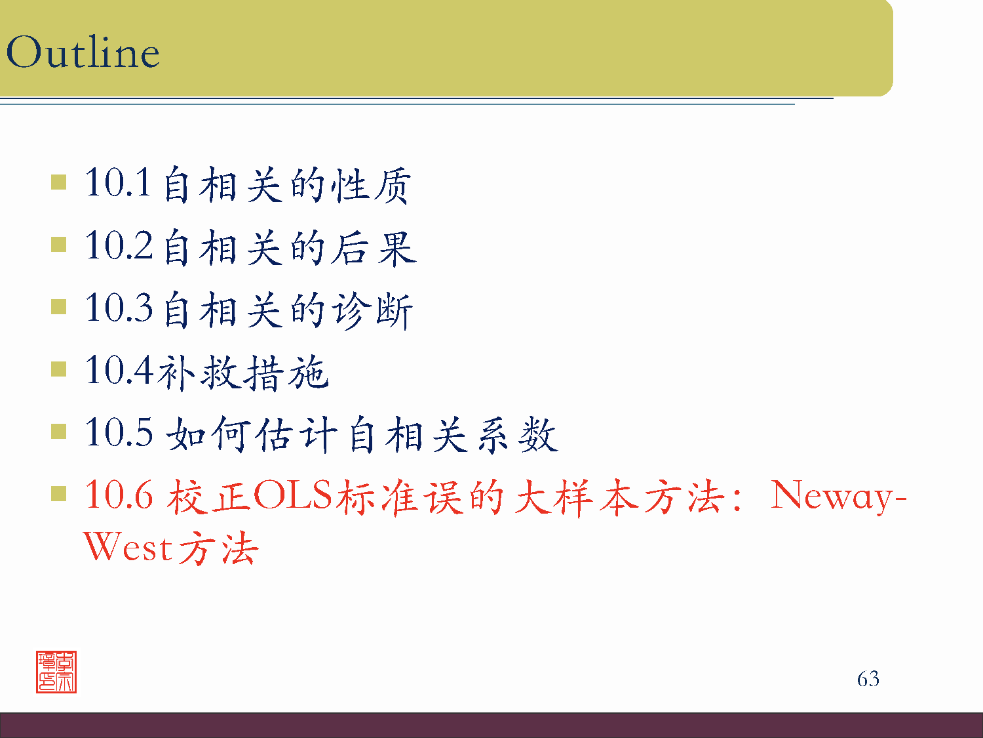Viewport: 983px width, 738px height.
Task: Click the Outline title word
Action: (83, 52)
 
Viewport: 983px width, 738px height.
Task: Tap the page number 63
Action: (868, 678)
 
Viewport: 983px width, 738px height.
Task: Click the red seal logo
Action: (56, 672)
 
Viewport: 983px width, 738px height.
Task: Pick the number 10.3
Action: (119, 308)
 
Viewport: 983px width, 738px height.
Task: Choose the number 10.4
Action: (119, 371)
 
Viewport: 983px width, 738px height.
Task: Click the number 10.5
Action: (119, 433)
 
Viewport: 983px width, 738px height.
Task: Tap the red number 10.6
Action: (119, 495)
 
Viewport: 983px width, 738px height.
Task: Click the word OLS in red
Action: (293, 495)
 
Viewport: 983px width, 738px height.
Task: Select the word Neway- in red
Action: (838, 495)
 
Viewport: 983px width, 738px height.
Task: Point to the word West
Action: (128, 548)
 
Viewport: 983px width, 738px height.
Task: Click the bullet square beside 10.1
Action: (59, 182)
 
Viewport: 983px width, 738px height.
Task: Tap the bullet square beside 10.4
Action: (59, 369)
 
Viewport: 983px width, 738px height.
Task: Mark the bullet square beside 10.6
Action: (59, 494)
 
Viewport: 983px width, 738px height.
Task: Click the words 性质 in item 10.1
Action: (371, 184)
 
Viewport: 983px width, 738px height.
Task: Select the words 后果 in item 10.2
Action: (372, 247)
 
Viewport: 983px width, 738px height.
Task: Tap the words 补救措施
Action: (242, 372)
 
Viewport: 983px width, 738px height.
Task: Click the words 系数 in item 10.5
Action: (517, 434)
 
